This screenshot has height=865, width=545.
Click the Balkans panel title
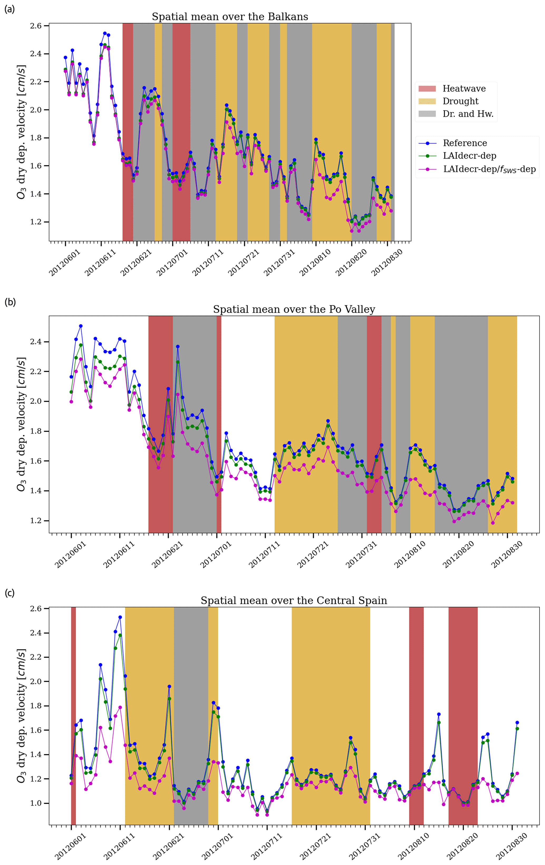point(230,17)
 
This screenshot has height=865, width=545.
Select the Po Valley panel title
point(294,309)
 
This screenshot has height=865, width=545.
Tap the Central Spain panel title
point(294,601)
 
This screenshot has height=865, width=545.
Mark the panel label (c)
point(9,593)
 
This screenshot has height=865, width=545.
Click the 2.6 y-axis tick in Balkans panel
point(37,26)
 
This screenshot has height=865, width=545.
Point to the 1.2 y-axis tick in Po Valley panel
point(37,521)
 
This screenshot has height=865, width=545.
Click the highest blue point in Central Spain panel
point(120,617)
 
